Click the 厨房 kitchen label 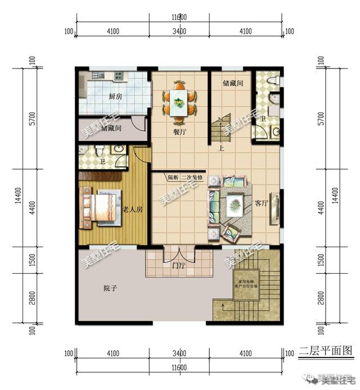point(115,97)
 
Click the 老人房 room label point(132,209)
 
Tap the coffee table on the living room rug point(235,202)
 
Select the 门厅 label point(179,266)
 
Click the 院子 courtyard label point(111,288)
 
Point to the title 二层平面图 point(326,351)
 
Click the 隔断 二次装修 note point(185,178)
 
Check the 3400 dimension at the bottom point(179,353)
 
